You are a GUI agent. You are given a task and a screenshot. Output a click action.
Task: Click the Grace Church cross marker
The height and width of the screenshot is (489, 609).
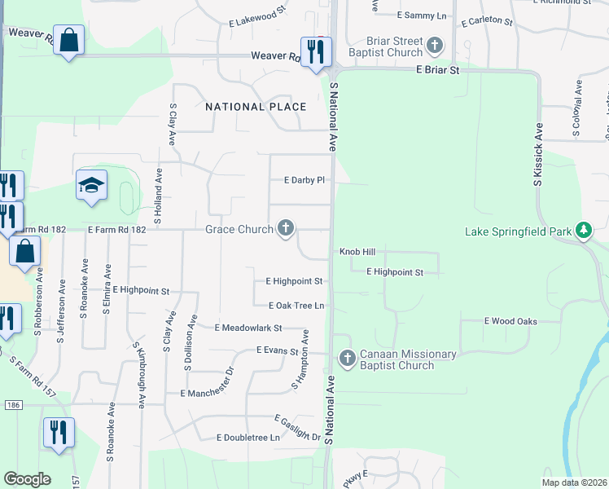[286, 229]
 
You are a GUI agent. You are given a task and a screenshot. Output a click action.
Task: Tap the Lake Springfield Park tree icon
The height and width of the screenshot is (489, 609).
[583, 231]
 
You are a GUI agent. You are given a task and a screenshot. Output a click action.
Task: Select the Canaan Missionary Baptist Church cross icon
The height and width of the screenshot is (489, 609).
[348, 359]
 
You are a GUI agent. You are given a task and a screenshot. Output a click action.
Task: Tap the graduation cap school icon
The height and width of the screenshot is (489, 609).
[91, 186]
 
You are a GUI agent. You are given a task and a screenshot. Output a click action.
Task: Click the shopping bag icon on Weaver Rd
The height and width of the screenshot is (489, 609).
[69, 41]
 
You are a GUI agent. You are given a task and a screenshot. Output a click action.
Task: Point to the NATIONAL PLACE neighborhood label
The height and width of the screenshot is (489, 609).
[256, 107]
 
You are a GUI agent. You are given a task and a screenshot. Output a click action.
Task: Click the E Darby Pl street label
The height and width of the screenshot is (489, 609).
[304, 180]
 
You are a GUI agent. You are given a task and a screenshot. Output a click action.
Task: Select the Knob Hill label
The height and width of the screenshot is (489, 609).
[357, 253]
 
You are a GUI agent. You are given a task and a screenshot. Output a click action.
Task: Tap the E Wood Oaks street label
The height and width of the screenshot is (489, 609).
[510, 321]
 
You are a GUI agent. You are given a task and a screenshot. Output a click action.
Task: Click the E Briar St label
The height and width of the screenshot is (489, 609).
[437, 71]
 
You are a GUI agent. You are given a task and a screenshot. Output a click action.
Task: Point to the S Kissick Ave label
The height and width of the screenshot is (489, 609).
[538, 155]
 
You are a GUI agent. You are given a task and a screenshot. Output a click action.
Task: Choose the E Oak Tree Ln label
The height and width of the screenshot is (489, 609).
[296, 306]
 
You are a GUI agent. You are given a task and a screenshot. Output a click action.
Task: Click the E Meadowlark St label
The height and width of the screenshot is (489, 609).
[248, 328]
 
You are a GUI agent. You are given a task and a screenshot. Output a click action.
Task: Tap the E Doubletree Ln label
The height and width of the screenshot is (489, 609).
[248, 438]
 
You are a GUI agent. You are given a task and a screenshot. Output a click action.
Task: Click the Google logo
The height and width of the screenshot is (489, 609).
[27, 479]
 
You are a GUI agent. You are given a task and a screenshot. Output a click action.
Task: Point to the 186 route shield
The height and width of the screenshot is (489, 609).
[11, 404]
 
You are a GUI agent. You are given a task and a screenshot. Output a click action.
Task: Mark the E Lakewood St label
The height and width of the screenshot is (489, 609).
[259, 18]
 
